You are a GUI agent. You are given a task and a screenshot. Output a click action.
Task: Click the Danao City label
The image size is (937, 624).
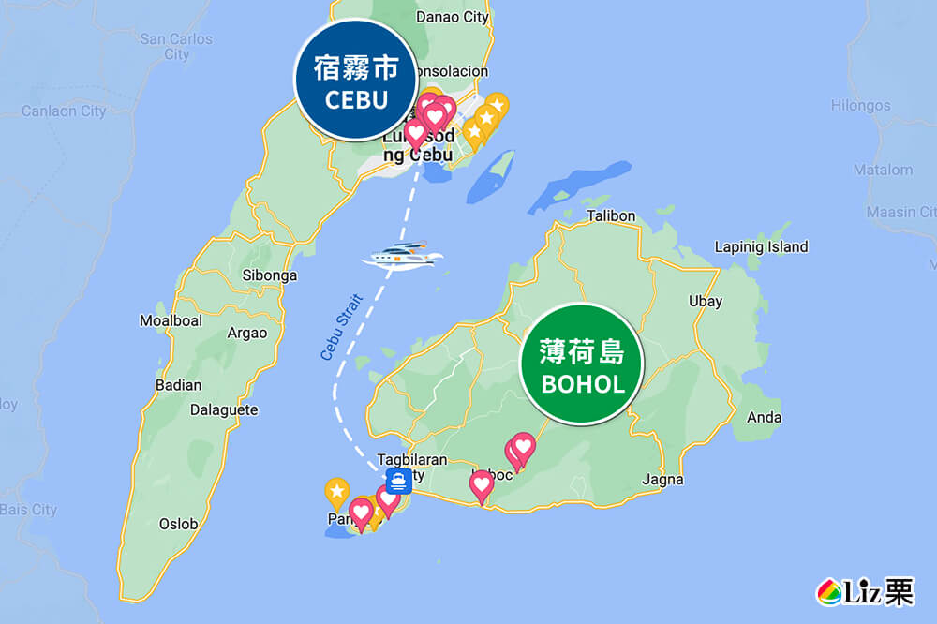tap(452, 16)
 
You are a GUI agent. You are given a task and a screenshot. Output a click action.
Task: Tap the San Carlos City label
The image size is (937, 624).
tap(176, 47)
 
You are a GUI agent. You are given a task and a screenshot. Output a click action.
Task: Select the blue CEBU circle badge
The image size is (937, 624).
tap(356, 80)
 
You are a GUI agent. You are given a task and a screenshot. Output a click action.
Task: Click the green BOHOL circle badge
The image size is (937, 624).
tap(583, 365)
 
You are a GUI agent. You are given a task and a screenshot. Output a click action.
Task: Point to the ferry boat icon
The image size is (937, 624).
tap(407, 255)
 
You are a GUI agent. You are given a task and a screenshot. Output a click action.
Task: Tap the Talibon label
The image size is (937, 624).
tap(611, 216)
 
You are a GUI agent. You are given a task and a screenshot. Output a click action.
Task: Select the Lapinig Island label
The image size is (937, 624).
tap(761, 247)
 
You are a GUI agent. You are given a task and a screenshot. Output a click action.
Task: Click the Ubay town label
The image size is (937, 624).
tap(705, 302)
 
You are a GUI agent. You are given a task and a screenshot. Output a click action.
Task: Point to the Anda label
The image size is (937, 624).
tap(765, 418)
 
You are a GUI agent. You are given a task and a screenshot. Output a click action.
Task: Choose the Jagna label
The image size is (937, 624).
tap(662, 480)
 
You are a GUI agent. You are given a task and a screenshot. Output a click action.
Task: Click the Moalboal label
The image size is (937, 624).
tap(171, 320)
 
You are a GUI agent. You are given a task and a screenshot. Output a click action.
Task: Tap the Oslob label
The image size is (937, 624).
tap(178, 524)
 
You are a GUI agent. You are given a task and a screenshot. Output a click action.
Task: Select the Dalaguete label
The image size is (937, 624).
tap(224, 409)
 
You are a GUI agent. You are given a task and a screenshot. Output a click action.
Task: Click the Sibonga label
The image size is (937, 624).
tap(269, 275)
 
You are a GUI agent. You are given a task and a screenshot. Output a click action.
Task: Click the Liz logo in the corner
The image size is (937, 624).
tap(865, 592)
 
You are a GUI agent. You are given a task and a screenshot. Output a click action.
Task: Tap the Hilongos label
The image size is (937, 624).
tap(860, 106)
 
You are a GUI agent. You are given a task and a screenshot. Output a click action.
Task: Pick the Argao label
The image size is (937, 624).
tap(247, 333)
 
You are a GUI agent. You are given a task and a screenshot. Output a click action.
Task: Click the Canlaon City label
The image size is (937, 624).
tap(64, 111)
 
